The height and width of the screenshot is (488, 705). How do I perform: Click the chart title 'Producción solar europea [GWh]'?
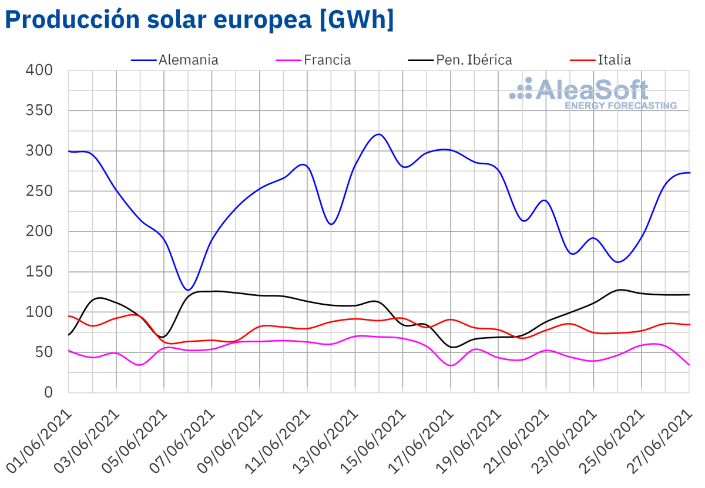[199, 19]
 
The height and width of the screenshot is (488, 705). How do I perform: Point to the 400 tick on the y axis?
[39, 70]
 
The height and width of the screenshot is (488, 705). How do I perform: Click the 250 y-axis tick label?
[39, 191]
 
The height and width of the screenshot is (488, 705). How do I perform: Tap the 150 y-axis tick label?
[39, 272]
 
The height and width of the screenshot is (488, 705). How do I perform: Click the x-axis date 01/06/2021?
[41, 440]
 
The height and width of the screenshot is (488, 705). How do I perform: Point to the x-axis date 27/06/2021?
[662, 440]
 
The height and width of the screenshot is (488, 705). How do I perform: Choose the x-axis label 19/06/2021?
[471, 440]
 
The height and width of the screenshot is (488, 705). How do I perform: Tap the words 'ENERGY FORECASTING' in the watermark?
[620, 106]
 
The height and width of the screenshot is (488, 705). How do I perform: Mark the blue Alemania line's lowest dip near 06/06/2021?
[187, 290]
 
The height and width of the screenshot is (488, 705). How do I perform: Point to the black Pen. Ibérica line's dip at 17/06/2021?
[451, 347]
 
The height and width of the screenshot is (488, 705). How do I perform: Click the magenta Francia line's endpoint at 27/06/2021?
[689, 365]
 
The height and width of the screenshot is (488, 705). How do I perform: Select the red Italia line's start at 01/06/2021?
[69, 316]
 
